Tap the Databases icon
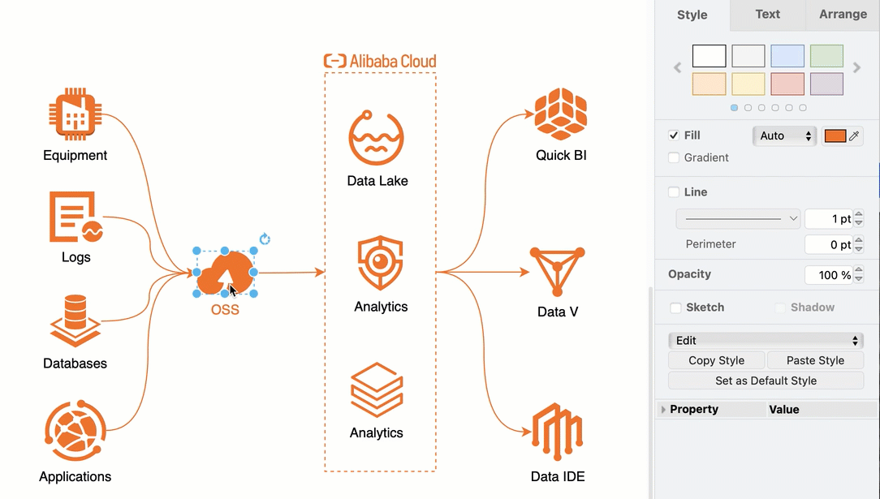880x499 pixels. point(75,320)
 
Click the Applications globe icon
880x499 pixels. point(75,430)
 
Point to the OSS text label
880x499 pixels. point(225,309)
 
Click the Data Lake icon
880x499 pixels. point(376,138)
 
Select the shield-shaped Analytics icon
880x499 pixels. point(380,263)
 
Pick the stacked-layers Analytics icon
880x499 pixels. point(377,390)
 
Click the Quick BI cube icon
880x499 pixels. point(560,114)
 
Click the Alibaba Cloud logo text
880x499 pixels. point(380,61)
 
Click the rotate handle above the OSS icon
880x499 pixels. point(265,239)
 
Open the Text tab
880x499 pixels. point(767,15)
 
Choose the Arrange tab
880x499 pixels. point(843,15)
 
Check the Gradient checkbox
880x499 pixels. point(674,158)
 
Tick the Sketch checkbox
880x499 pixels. point(675,308)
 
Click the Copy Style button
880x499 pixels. point(716,360)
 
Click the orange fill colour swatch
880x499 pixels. point(835,136)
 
